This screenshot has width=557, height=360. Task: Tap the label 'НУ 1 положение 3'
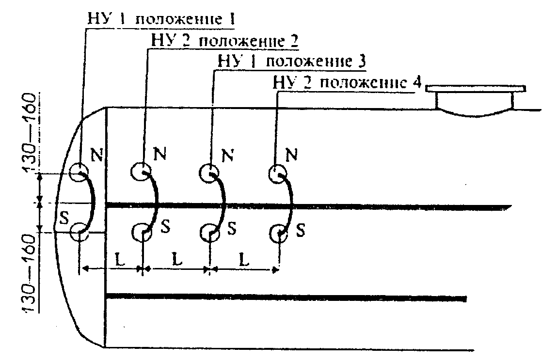coord(289,63)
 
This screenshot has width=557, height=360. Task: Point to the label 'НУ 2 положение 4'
coord(347,83)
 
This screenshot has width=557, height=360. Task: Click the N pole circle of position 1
coord(79,172)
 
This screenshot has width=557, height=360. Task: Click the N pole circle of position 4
coord(278,172)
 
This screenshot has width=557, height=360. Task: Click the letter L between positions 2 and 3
coord(178,258)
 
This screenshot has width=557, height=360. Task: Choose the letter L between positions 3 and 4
coord(244,258)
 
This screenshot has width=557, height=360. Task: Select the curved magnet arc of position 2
coord(154,201)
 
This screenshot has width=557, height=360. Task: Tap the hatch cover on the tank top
coord(475,100)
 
